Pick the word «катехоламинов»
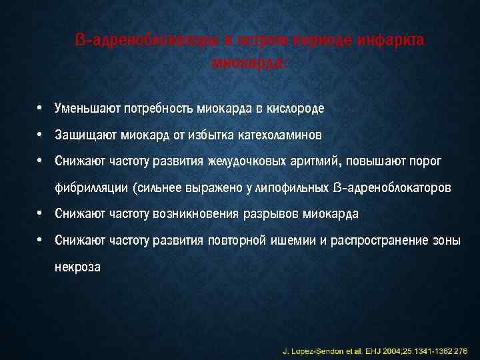coord(279,135)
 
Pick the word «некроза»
coord(78,267)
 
